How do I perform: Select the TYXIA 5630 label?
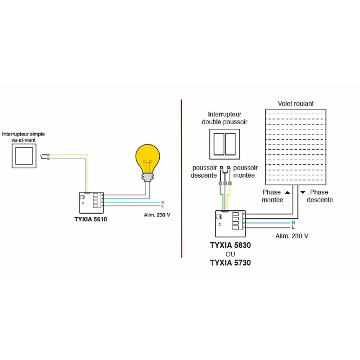point(230,245)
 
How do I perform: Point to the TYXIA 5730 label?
point(230,263)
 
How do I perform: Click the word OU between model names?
point(230,254)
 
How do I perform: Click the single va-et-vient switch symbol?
point(26,156)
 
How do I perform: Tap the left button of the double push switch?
point(219,144)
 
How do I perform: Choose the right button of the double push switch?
point(230,144)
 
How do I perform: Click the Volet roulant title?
point(296,103)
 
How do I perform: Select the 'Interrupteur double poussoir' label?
point(225,118)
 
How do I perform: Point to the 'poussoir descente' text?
point(204,172)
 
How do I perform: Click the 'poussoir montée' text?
point(245,172)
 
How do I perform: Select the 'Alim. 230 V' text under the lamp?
point(154,215)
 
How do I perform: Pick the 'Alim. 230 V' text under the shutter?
point(292,236)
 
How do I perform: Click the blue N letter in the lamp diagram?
point(163,202)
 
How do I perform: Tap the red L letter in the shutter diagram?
point(293,227)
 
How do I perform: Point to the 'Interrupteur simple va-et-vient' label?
point(23,137)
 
